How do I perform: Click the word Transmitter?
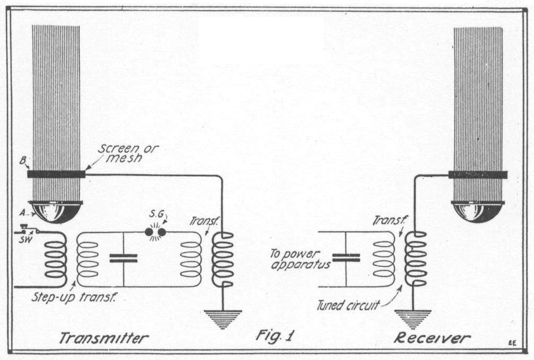103,337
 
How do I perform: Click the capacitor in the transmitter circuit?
123,258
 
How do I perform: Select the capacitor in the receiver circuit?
345,257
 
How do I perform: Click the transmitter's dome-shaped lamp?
56,211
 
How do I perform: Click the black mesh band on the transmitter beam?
56,174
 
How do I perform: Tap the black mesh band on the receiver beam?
478,174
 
